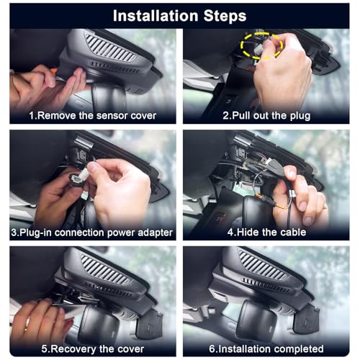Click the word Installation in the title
[x=156, y=16]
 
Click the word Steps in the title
[x=225, y=16]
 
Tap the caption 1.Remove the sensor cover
[x=93, y=116]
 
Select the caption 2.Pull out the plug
[x=266, y=116]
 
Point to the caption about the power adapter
[x=92, y=233]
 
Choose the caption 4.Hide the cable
[x=266, y=232]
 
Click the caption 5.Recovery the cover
[x=93, y=349]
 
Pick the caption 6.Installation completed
[x=266, y=348]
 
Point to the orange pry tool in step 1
[x=54, y=71]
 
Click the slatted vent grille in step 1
[x=111, y=48]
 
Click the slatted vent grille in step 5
[x=105, y=270]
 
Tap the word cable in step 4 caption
[x=293, y=232]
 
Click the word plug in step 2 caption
[x=300, y=116]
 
